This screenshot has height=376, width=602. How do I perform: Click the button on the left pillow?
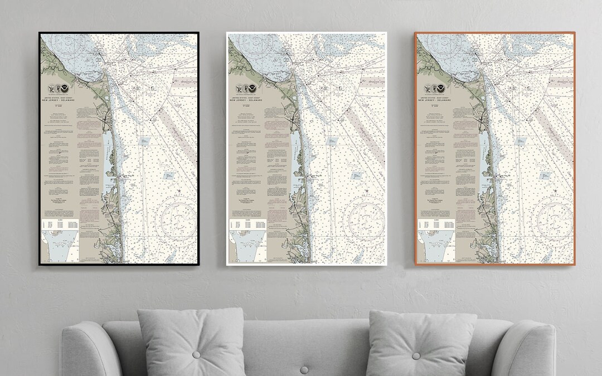[196, 354]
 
